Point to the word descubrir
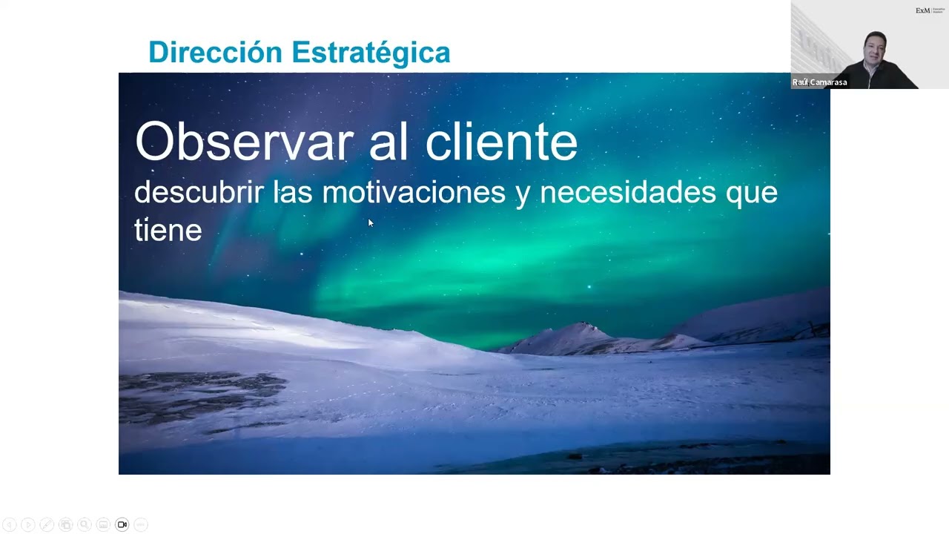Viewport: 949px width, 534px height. tap(199, 192)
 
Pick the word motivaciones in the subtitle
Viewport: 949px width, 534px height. tap(414, 192)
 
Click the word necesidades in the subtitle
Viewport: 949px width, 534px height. tap(628, 192)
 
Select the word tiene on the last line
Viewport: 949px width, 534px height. tap(168, 229)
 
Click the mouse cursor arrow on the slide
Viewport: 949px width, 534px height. tap(370, 222)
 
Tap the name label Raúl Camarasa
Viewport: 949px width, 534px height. tap(819, 82)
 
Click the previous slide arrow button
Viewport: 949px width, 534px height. tap(10, 524)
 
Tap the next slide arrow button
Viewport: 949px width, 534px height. tap(28, 524)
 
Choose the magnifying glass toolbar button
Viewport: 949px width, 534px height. tap(85, 524)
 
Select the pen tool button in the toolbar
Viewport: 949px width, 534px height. tap(47, 524)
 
